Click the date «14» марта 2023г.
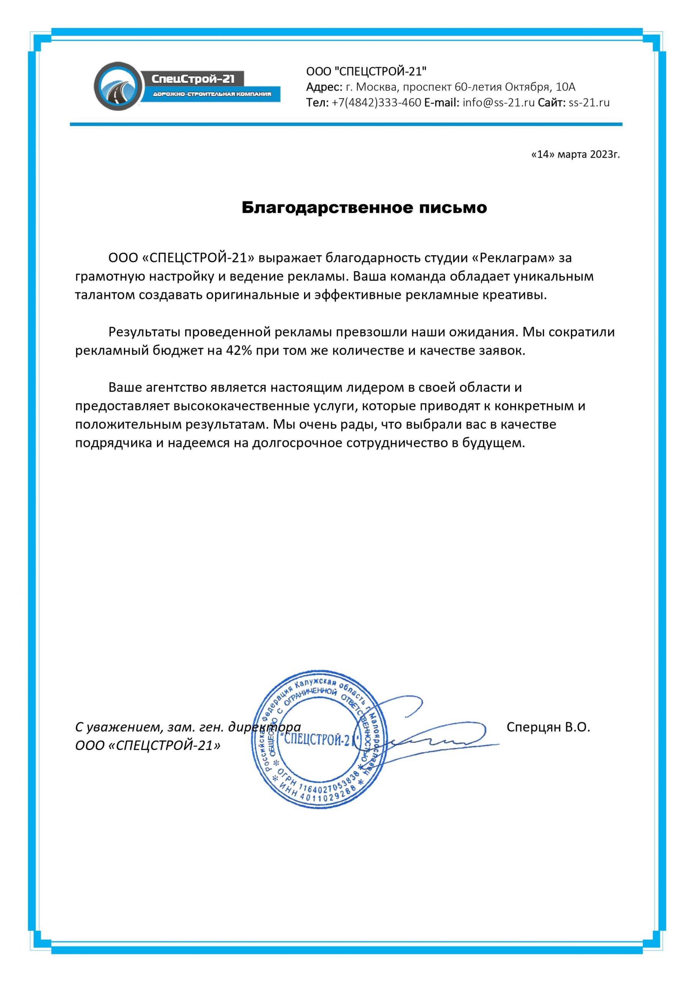tap(575, 155)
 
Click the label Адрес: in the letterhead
tap(324, 87)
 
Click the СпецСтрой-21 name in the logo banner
tap(193, 79)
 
